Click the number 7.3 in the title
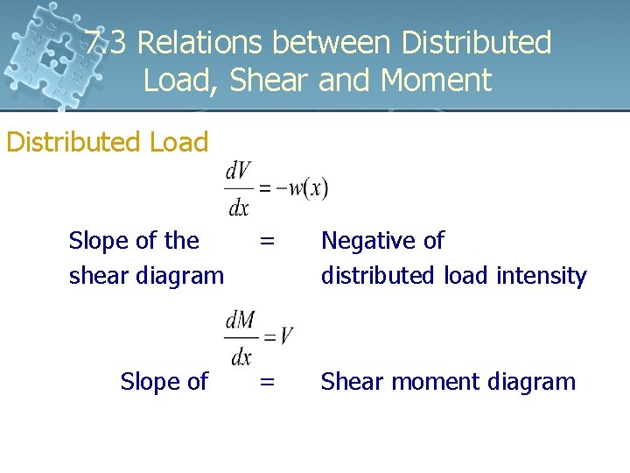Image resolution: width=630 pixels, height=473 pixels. [107, 42]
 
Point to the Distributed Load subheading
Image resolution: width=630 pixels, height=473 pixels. [107, 142]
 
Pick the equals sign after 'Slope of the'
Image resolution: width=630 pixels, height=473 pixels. [268, 240]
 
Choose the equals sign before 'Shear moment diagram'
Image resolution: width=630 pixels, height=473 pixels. [268, 382]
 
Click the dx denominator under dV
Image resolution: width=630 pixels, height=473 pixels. [239, 208]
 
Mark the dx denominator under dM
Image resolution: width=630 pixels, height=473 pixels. [240, 356]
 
